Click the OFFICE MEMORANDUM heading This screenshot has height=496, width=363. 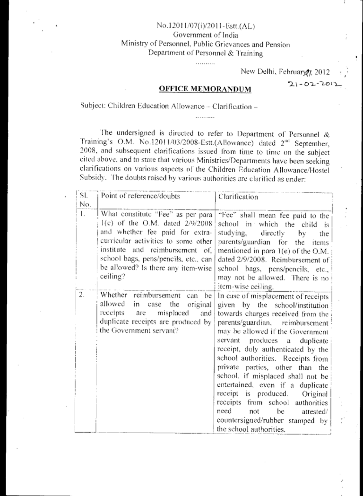204,89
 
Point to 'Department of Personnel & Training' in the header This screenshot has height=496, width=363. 206,53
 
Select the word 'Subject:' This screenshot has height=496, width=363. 93,106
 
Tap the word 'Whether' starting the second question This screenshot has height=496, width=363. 114,296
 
